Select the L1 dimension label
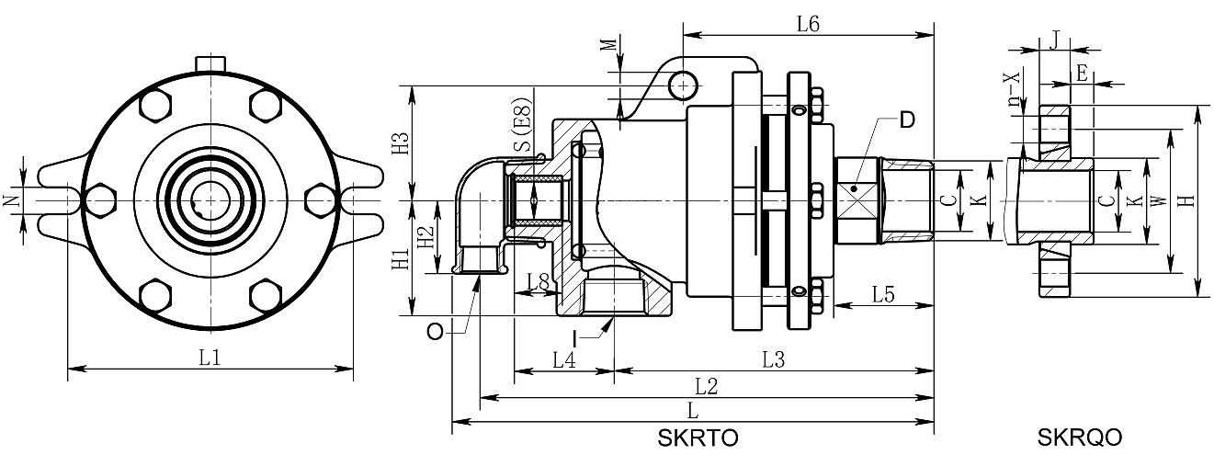click(x=210, y=358)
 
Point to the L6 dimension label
click(x=807, y=25)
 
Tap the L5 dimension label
click(x=883, y=295)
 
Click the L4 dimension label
click(x=564, y=360)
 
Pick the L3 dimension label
click(x=773, y=360)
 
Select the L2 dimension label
click(x=706, y=386)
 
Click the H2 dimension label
click(x=425, y=238)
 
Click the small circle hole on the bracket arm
click(x=683, y=85)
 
